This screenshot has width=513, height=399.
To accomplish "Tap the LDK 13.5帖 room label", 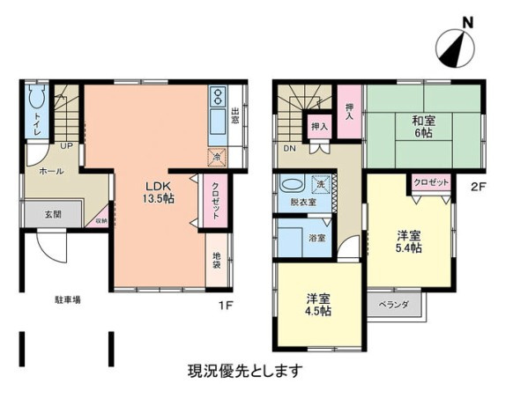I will (160, 193).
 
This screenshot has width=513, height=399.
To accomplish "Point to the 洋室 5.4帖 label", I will (407, 241).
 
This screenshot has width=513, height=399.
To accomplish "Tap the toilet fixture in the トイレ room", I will (37, 99).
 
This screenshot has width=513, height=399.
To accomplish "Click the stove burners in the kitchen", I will (219, 97).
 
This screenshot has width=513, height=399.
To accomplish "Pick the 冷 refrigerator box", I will (217, 157).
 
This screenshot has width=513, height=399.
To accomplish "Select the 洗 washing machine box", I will (322, 185).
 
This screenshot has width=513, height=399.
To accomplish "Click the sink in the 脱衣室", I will (291, 186).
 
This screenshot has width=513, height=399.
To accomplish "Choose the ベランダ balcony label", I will (393, 304).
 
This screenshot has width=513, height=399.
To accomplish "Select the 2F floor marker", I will (478, 186).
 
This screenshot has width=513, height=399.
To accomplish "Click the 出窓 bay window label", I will (235, 118).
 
